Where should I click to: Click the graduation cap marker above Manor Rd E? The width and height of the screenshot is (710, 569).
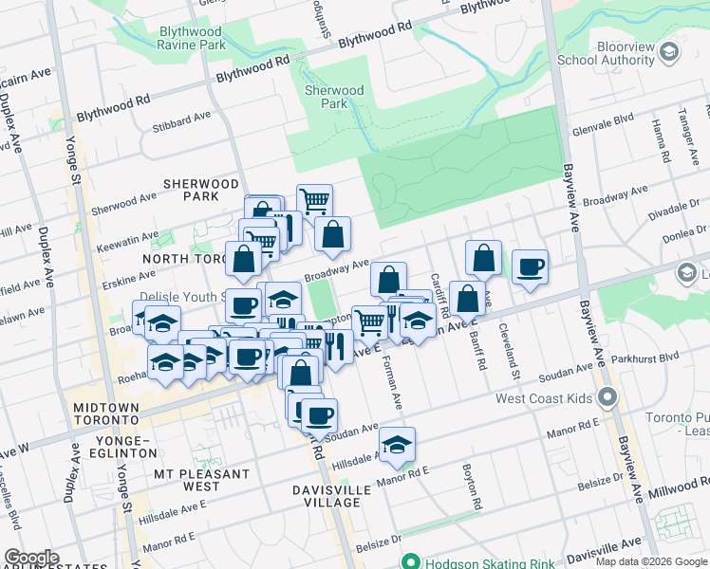(x=398, y=444)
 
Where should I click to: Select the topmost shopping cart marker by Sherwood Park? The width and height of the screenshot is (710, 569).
(x=314, y=200)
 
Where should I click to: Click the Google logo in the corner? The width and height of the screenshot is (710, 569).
(x=30, y=558)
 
